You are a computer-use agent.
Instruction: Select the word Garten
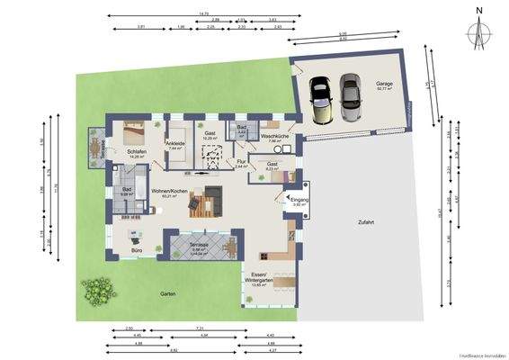168,293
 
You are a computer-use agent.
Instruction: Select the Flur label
241,161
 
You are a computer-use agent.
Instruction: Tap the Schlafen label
136,150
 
